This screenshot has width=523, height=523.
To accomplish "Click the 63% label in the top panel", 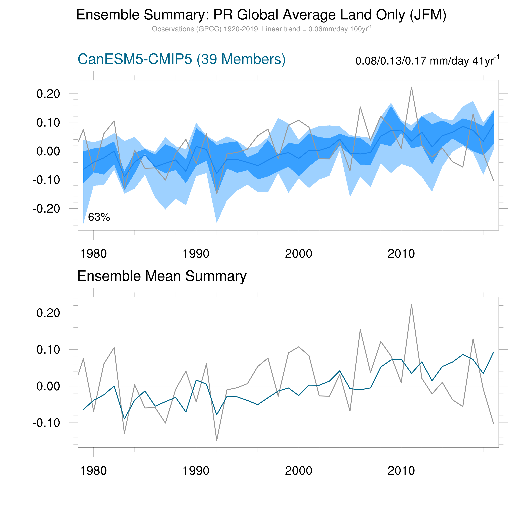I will tap(99, 217).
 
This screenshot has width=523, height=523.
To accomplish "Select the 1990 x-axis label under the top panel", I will tap(196, 254).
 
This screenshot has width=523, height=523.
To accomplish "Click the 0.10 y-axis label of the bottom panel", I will tap(48, 349).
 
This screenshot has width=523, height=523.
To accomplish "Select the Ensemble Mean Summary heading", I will tap(162, 276).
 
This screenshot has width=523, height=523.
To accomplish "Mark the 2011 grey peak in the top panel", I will tap(411, 87).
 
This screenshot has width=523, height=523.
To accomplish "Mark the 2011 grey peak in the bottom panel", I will tap(411, 304).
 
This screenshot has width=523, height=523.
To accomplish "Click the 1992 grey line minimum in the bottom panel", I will tap(217, 441).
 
